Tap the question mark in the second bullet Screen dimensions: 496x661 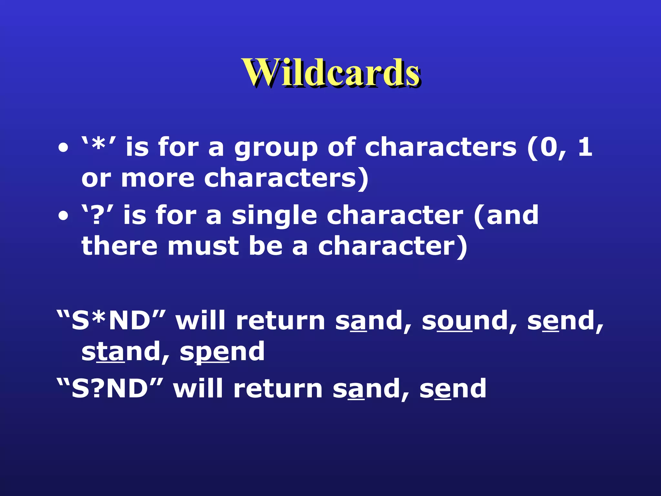(96, 216)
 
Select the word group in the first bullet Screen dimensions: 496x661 (276, 149)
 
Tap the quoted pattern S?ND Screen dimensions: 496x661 (110, 389)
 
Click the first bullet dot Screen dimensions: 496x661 (63, 148)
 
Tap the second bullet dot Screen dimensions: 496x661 (63, 216)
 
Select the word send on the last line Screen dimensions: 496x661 (453, 389)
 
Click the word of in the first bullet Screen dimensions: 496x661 (341, 147)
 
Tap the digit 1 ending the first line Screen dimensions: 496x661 (585, 147)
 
